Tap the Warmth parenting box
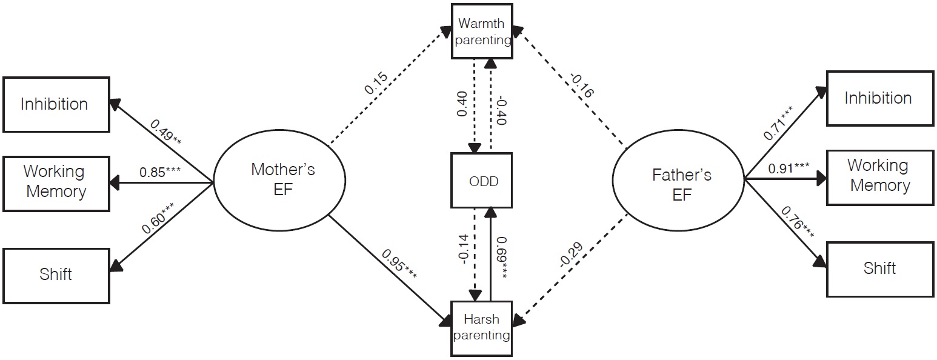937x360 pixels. click(x=482, y=32)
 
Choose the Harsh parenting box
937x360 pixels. click(x=482, y=327)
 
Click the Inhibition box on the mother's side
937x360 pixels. click(x=55, y=104)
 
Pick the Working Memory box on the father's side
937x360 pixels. click(x=879, y=175)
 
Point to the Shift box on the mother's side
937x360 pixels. click(x=55, y=275)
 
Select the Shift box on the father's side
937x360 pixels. click(x=879, y=268)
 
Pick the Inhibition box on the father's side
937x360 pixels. click(x=879, y=98)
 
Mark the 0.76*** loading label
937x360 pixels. click(x=792, y=227)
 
